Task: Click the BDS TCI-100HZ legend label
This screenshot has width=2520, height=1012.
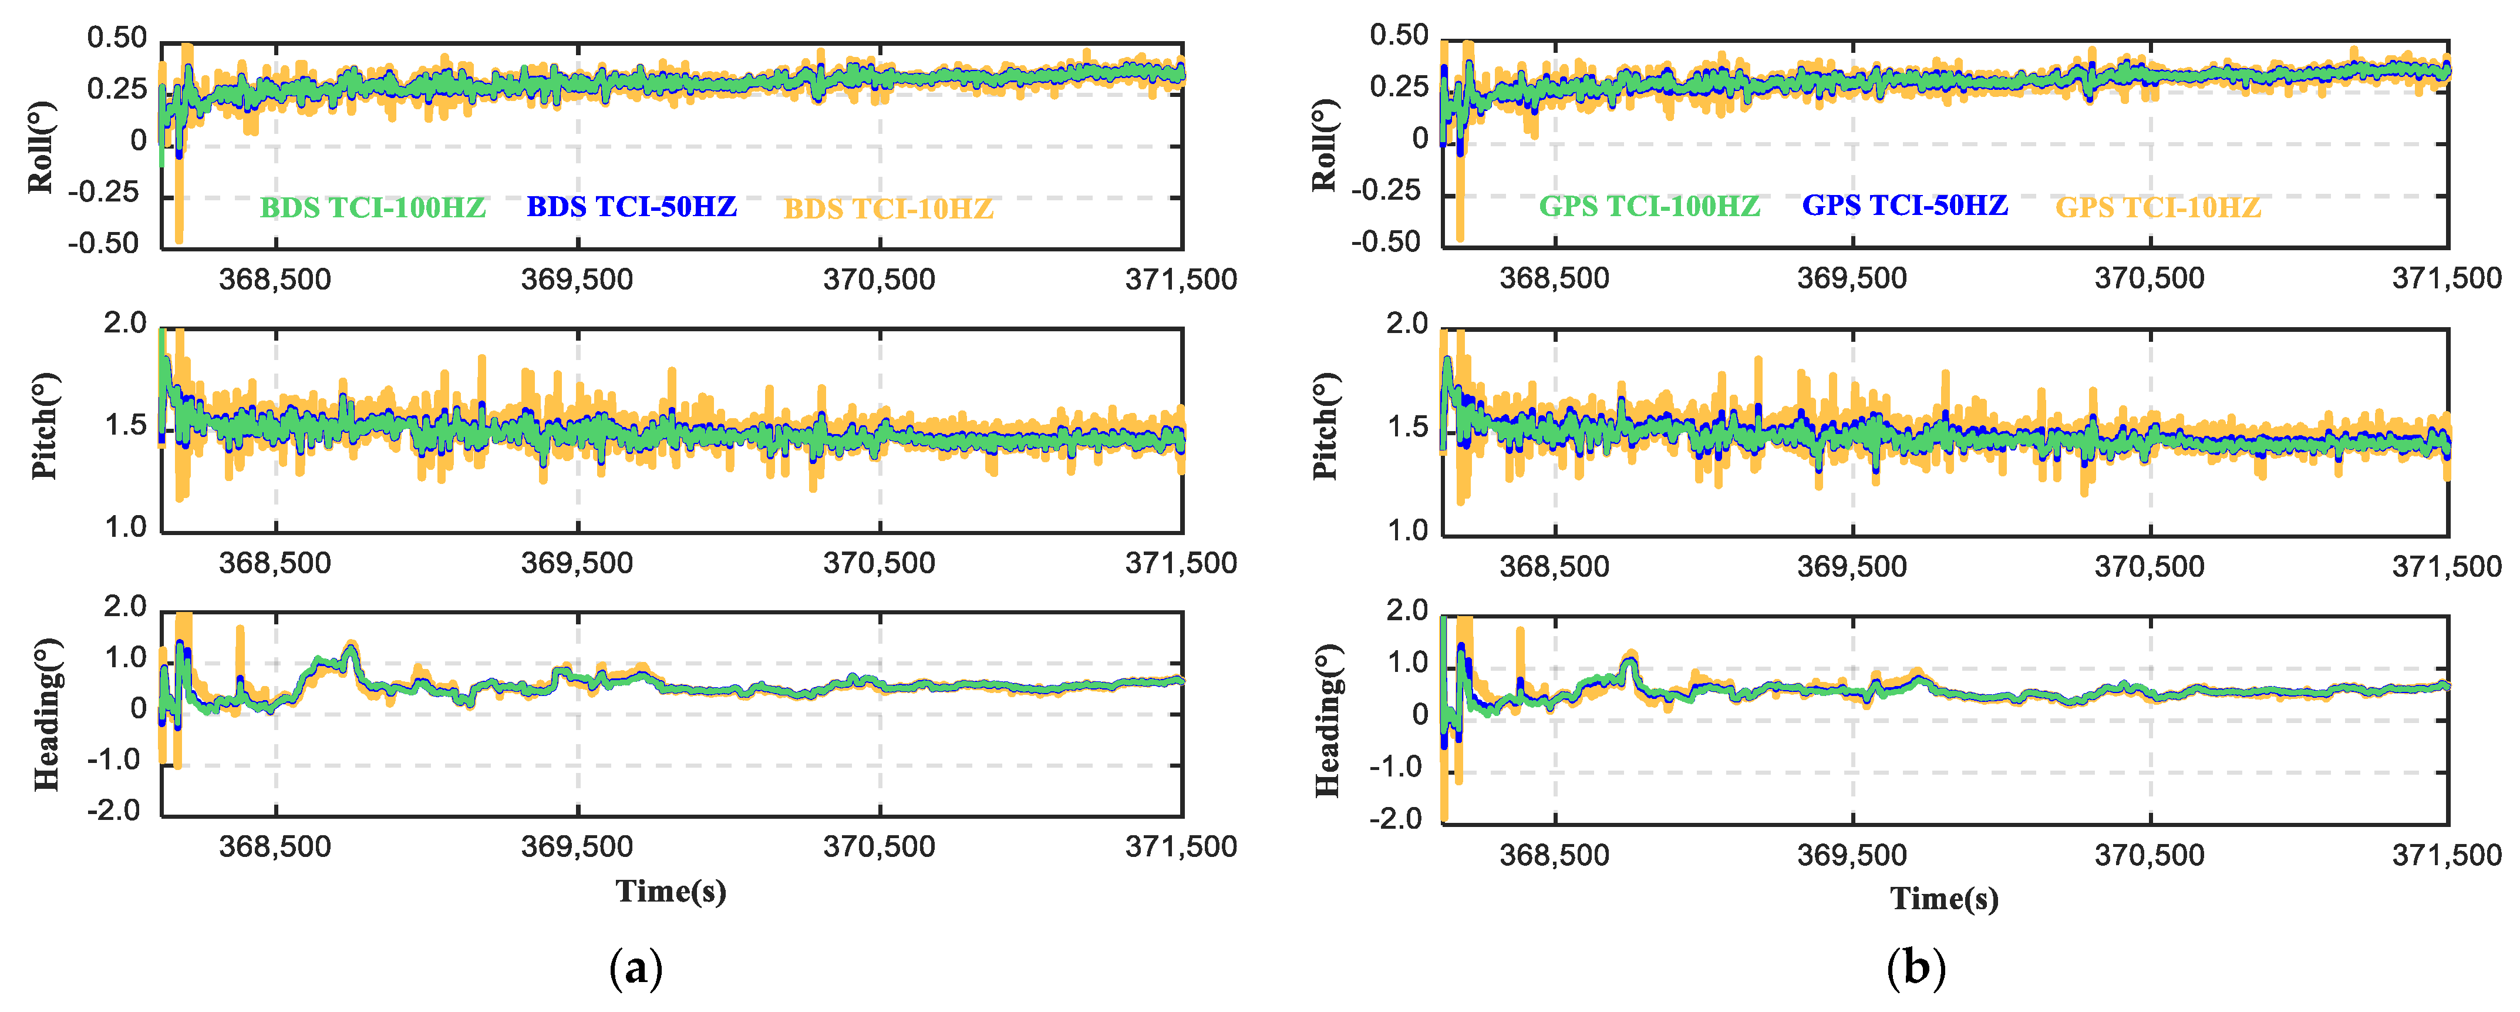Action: tap(373, 207)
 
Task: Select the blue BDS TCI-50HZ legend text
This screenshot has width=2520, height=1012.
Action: tap(631, 207)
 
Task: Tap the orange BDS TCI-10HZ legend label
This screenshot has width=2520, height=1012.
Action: tap(888, 209)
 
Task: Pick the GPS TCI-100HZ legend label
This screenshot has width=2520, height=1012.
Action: tap(1649, 207)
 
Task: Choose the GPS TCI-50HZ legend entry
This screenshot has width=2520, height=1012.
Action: tap(1905, 206)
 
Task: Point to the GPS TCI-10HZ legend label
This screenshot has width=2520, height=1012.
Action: tap(2158, 207)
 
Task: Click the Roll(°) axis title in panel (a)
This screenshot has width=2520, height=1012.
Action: tap(41, 147)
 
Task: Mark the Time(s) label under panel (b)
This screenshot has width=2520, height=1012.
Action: tap(1944, 899)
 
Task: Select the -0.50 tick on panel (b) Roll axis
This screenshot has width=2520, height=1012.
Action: tap(1385, 242)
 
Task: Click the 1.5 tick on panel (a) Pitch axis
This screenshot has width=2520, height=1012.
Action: tap(125, 426)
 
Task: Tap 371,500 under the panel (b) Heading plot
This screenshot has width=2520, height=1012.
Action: tap(2445, 855)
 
